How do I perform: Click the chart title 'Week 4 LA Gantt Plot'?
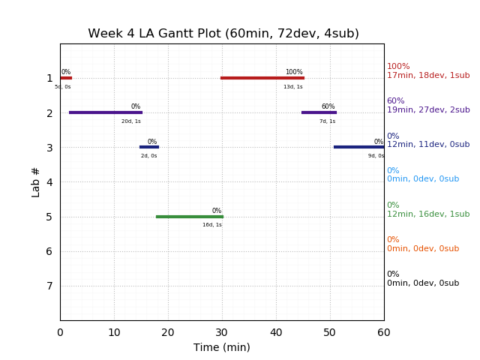[x=223, y=34]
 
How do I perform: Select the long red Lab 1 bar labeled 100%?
[x=262, y=77]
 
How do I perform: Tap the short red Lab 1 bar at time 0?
[x=66, y=77]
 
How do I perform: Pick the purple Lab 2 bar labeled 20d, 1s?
[x=106, y=112]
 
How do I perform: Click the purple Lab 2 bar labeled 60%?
[x=319, y=112]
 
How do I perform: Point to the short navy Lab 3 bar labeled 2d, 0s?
[x=149, y=147]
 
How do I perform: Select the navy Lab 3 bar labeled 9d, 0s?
[x=358, y=147]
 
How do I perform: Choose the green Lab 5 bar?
[x=190, y=217]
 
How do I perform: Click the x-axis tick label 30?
[x=222, y=332]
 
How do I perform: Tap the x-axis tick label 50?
[x=330, y=332]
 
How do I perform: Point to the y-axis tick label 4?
[x=49, y=182]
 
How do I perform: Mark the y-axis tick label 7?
[x=49, y=286]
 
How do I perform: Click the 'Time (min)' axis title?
[x=222, y=347]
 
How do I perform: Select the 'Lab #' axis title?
[x=36, y=182]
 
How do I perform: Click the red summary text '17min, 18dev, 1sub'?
[x=428, y=76]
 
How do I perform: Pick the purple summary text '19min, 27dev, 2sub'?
[x=428, y=110]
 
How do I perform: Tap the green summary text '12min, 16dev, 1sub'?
[x=428, y=214]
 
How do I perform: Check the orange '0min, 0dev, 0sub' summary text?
[x=423, y=249]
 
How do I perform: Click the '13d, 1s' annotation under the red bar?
[x=293, y=87]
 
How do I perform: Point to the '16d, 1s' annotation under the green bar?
[x=212, y=225]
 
